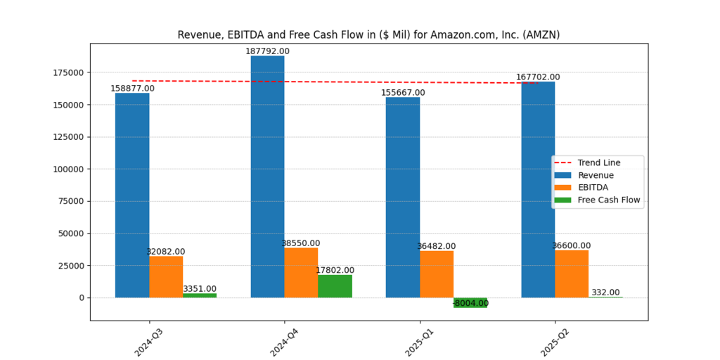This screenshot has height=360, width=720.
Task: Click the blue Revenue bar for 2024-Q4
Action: point(267,176)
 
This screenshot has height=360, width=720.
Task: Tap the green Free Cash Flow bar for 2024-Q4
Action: point(335,286)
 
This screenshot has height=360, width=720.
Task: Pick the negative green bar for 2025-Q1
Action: point(470,302)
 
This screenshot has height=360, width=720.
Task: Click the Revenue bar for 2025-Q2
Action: point(538,190)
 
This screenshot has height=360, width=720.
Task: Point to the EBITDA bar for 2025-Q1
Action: point(437,274)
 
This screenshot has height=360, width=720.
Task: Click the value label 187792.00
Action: point(267,51)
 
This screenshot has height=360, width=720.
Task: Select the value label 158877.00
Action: point(132,89)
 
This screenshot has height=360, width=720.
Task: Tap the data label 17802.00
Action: point(335,270)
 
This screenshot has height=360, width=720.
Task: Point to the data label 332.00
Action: point(605,292)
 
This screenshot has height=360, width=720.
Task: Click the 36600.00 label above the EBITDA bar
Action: point(572,245)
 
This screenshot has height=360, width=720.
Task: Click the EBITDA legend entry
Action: point(593,188)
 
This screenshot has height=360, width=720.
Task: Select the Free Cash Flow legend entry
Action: point(609,200)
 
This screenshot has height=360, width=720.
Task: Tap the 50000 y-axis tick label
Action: point(71,233)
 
